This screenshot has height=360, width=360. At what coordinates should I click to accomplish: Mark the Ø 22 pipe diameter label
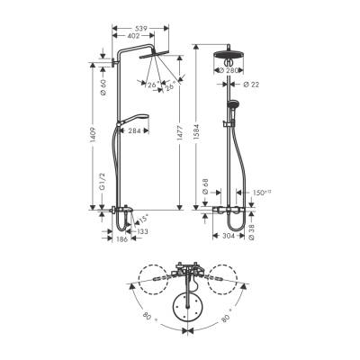click(253, 85)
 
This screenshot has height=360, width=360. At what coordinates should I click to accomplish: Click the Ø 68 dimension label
click(230, 187)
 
